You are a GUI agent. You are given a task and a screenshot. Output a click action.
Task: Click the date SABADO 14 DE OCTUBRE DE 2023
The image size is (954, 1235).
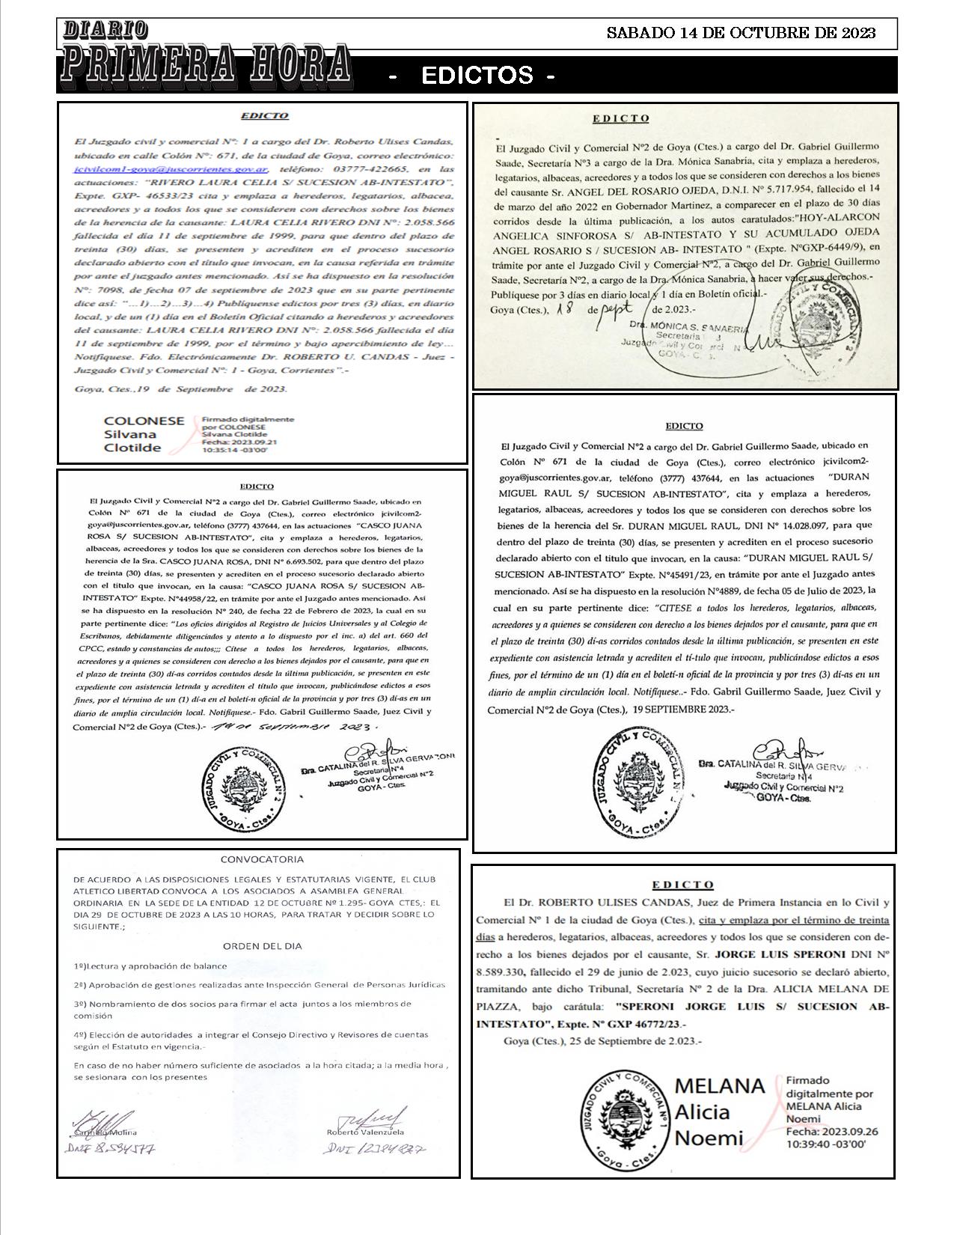tap(741, 33)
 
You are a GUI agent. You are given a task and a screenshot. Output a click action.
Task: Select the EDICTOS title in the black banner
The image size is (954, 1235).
tap(477, 76)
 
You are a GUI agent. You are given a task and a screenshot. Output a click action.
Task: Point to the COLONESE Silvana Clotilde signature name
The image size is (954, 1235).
tap(143, 434)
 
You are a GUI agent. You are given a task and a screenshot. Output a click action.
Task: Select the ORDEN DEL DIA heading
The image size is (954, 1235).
tap(262, 945)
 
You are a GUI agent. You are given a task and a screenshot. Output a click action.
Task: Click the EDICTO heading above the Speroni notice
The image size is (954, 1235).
tap(682, 884)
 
